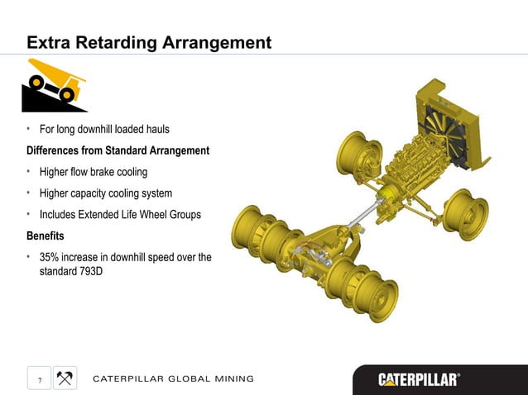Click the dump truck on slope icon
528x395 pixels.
tap(54, 85)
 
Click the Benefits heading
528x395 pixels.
tap(47, 236)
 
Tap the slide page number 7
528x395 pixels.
tap(38, 379)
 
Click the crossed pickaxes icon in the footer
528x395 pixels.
tap(65, 378)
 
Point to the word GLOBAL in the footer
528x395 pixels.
tap(190, 379)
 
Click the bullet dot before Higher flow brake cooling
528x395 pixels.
tap(29, 172)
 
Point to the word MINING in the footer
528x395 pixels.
tap(235, 379)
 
